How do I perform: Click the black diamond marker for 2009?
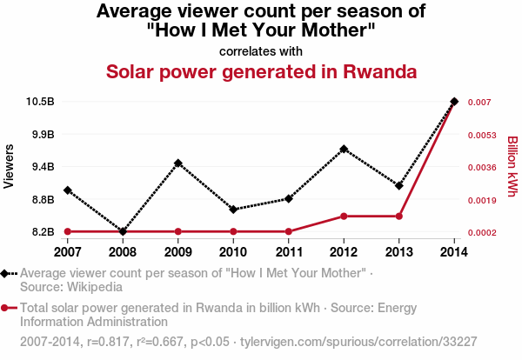[x=177, y=163]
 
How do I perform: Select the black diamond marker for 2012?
[x=344, y=149]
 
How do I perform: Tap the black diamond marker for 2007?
[x=67, y=190]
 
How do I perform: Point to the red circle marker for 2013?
[x=399, y=216]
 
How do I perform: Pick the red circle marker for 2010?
[x=233, y=231]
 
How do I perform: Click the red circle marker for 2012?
[x=344, y=216]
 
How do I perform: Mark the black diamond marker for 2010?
[x=233, y=210]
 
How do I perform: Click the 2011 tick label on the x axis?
[x=288, y=252]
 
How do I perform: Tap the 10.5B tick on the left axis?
[x=41, y=102]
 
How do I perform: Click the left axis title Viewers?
[x=10, y=166]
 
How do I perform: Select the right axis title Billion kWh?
[x=512, y=166]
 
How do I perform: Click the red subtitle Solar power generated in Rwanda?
[x=261, y=70]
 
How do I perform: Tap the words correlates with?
[x=261, y=50]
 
